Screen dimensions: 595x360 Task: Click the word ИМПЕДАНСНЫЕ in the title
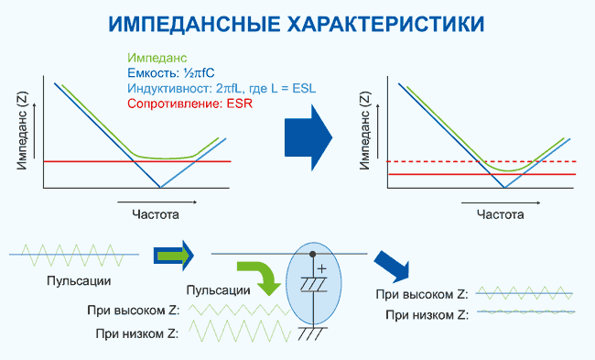[194, 25]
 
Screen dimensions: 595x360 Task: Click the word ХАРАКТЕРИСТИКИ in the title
[386, 25]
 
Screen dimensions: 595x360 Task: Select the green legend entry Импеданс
[157, 58]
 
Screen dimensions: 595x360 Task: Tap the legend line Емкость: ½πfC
[171, 73]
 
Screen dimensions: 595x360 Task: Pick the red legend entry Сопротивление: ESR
[189, 104]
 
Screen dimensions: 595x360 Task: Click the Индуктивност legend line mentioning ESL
[222, 89]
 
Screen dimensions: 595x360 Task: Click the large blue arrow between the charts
[308, 137]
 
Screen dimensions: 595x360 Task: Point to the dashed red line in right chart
[481, 161]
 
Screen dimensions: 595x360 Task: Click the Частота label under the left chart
[156, 214]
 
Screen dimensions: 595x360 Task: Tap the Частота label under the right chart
[500, 214]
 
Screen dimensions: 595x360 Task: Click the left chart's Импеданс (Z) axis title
[22, 130]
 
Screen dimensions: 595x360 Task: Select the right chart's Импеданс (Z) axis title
[364, 130]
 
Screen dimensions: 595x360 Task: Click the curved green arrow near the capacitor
[262, 276]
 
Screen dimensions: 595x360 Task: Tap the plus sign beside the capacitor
[322, 269]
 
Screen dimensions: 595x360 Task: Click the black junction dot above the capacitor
[313, 254]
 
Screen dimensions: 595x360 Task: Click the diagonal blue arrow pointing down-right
[393, 266]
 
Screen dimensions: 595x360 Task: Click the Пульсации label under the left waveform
[79, 281]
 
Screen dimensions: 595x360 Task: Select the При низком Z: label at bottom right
[427, 315]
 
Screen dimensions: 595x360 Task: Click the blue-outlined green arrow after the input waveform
[174, 256]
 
